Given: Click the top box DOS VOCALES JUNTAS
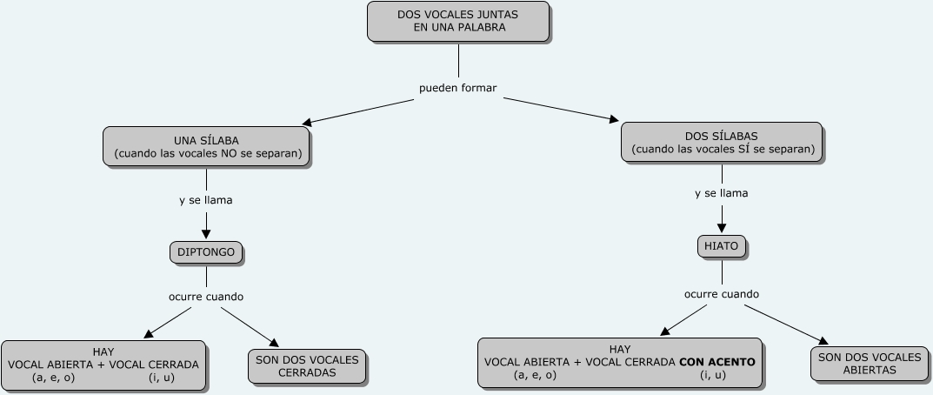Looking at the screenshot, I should [458, 21].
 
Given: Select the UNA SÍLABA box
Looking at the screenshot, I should [207, 147].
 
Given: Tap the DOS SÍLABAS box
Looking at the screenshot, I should [722, 143].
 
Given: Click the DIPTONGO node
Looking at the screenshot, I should [206, 252].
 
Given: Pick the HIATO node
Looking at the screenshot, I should [722, 246].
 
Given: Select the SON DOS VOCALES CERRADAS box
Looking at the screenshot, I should [307, 366].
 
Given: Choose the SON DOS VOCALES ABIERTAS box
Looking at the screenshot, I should [870, 364].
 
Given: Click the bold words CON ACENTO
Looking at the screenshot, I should [717, 362].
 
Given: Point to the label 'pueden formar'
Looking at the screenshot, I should [458, 88].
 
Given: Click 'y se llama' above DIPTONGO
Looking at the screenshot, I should [206, 200].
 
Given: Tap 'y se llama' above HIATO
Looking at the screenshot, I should [722, 193].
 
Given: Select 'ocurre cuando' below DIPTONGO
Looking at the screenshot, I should [206, 297].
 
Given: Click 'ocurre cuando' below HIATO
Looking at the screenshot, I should [722, 294].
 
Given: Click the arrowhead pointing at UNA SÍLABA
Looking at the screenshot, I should [306, 122].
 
